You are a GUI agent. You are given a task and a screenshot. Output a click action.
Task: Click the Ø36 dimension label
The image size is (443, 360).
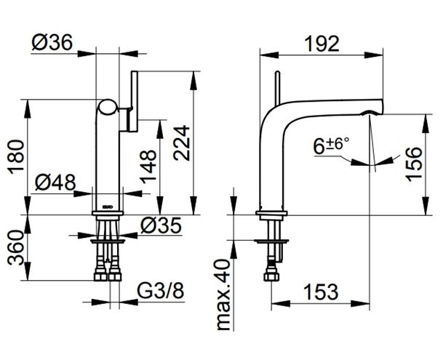52,43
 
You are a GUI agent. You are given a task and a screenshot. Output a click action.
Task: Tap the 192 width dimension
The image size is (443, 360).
322,44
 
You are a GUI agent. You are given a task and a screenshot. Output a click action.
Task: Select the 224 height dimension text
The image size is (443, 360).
182,143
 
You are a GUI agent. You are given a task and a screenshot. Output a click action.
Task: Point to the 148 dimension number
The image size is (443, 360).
148,167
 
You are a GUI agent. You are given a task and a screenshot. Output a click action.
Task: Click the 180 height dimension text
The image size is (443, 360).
17,157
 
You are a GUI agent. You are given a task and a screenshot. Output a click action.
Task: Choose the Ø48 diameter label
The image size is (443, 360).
55,183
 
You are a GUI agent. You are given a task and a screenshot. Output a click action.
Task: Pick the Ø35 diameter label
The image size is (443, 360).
161,225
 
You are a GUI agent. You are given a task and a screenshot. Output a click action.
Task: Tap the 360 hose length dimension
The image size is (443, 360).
15,248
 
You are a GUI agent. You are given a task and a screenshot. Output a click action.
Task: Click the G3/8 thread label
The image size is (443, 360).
161,291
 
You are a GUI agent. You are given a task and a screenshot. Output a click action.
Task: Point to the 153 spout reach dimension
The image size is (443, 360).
321,292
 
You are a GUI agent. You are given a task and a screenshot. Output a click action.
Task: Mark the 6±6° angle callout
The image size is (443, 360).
331,145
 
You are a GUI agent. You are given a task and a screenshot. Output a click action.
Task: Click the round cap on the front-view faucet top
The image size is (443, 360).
108,108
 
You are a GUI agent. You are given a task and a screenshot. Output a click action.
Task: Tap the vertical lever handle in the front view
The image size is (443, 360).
134,101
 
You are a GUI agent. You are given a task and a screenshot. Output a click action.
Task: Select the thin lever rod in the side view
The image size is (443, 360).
277,87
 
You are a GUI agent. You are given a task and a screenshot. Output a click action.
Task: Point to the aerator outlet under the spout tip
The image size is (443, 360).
372,113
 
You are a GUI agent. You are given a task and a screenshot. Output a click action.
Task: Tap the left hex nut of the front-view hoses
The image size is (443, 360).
100,276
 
